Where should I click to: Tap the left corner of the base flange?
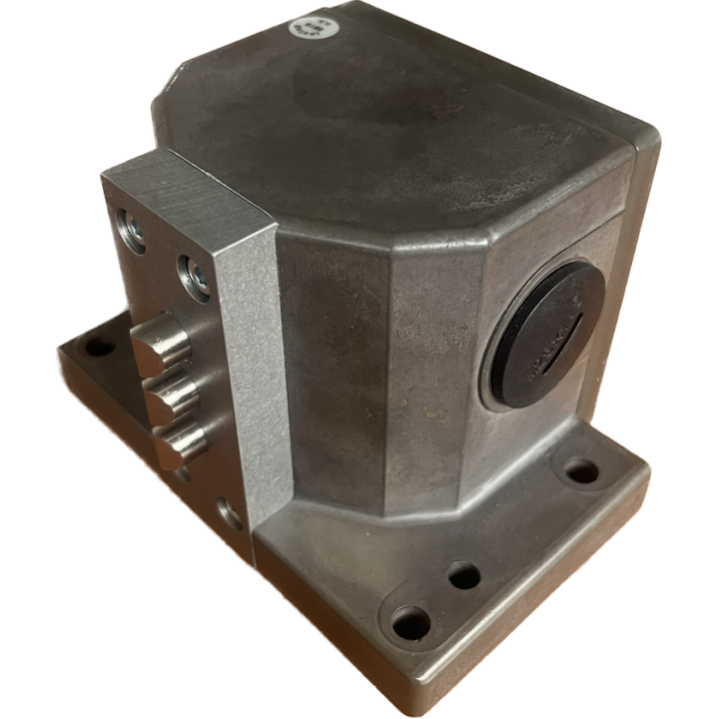pyautogui.click(x=60, y=355)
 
